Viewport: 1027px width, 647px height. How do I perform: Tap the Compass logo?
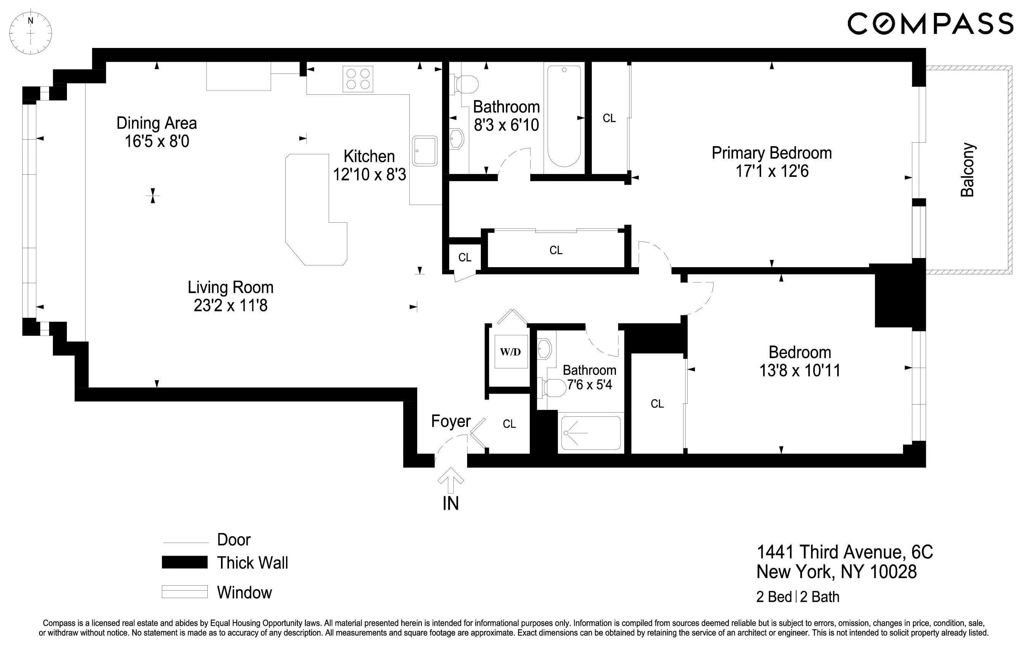(930, 24)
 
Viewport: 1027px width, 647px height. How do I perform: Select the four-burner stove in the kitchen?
(358, 79)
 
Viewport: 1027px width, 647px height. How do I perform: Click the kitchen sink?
(424, 151)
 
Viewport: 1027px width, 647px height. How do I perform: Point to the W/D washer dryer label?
(510, 352)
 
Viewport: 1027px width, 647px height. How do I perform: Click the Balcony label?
(967, 170)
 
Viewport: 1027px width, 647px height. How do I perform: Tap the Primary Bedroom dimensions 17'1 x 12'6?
(771, 171)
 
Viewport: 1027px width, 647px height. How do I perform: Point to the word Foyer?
(450, 421)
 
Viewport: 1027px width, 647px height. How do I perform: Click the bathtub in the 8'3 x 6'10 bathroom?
(564, 116)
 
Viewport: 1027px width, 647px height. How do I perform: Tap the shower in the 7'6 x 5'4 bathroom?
(591, 433)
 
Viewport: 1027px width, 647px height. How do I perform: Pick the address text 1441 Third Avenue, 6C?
(844, 552)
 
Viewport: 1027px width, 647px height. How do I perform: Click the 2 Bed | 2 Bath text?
(798, 597)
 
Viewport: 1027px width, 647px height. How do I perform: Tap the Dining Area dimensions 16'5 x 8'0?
(157, 141)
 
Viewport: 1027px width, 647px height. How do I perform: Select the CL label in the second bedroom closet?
(657, 404)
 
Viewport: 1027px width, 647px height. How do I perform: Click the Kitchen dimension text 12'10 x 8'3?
(369, 175)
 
